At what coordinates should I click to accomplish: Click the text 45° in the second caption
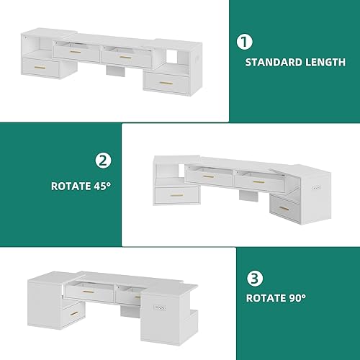101,185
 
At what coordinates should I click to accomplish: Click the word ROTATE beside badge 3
266,297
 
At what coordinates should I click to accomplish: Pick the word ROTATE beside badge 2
69,185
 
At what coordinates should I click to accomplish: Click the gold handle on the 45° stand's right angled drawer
285,207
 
